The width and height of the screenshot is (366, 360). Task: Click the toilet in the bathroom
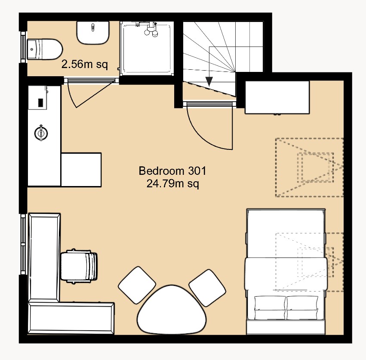click(44, 49)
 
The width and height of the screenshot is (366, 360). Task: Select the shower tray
click(148, 49)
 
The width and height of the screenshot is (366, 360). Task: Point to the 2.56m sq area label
click(84, 65)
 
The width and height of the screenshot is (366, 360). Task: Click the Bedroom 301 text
click(172, 171)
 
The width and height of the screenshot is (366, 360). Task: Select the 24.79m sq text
click(172, 184)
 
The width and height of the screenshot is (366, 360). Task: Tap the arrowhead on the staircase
click(209, 81)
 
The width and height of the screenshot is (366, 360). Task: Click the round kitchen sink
click(41, 133)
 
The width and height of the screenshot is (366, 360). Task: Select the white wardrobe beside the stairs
click(277, 97)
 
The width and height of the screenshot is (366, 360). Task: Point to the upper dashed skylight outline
click(310, 167)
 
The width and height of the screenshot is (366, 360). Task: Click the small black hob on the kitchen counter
click(40, 102)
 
